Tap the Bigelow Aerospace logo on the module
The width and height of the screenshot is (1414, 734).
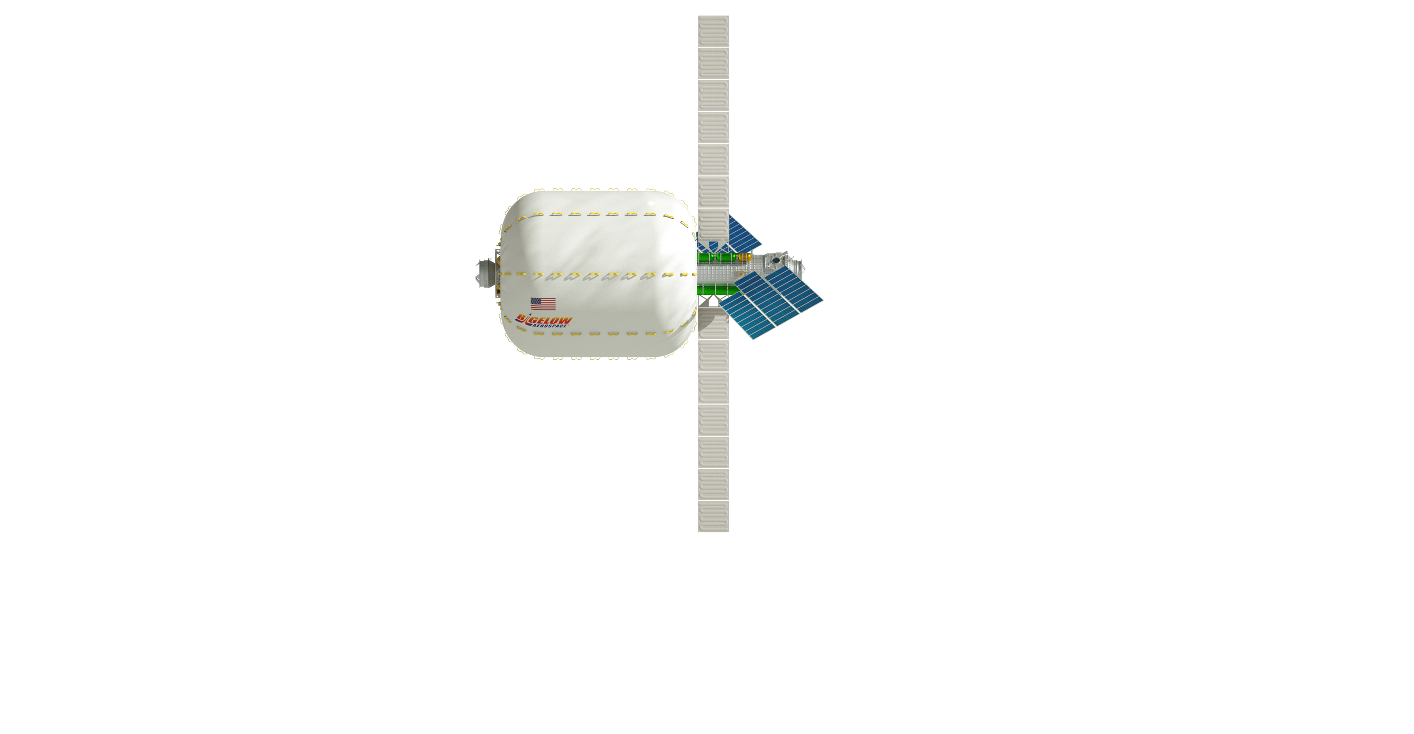coord(545,321)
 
